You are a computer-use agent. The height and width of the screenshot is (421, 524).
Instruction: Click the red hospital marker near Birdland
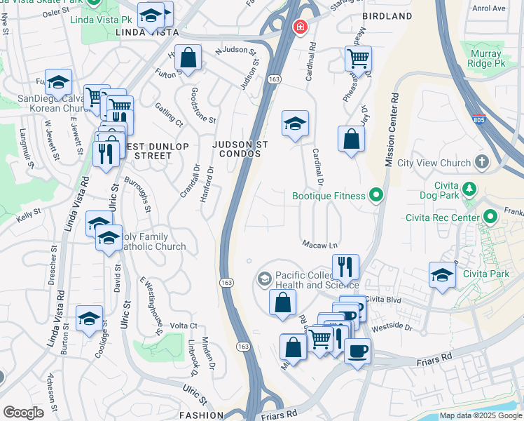(299, 27)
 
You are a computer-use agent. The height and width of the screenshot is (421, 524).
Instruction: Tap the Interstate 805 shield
(479, 120)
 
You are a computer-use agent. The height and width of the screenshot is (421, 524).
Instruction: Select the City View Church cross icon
(481, 163)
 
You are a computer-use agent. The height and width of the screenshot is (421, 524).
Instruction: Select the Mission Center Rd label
(391, 130)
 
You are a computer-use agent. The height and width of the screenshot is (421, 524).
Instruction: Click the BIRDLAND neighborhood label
(387, 16)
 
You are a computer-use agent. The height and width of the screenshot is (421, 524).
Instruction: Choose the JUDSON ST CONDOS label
(240, 149)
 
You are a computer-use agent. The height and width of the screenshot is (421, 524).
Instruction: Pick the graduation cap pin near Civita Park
(442, 275)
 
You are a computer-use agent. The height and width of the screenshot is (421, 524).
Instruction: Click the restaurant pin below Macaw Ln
(345, 266)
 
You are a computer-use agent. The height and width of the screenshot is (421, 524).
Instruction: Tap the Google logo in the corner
(23, 413)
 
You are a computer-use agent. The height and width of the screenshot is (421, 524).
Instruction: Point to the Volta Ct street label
(184, 326)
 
